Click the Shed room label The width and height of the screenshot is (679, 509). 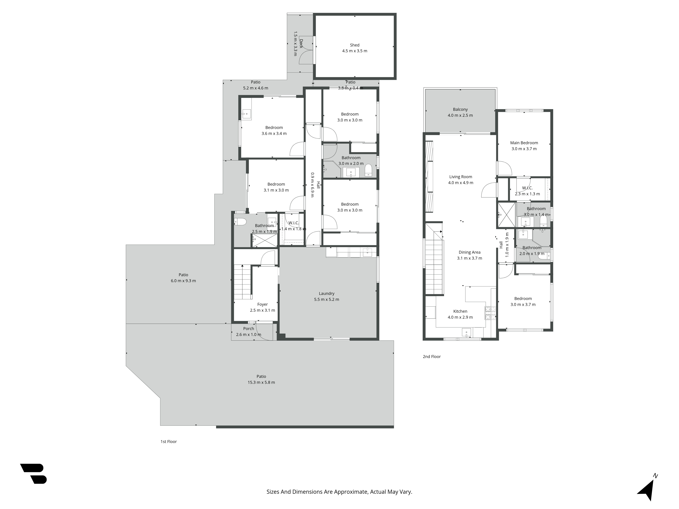(355, 45)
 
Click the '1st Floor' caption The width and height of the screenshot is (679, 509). (169, 441)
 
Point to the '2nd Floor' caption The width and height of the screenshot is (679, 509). (432, 356)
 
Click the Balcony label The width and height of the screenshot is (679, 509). (460, 110)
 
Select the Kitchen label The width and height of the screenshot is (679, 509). (460, 311)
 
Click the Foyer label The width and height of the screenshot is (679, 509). (262, 304)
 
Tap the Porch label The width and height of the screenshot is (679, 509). (249, 329)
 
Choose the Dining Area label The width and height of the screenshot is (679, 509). (469, 252)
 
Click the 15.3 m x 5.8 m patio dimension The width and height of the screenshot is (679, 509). (261, 382)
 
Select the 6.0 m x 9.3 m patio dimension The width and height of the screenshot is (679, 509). (183, 281)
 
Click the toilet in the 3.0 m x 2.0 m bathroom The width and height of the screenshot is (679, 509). (368, 170)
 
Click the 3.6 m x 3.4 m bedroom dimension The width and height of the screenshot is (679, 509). (274, 134)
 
